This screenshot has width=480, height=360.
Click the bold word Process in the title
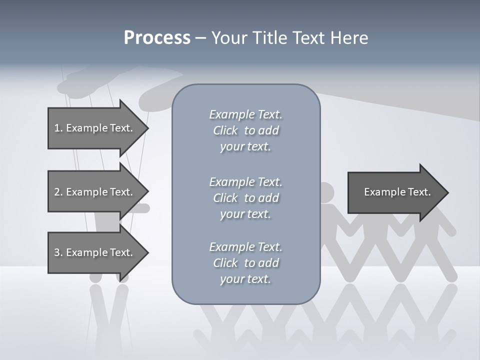(x=157, y=38)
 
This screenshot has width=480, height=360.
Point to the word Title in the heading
(x=271, y=38)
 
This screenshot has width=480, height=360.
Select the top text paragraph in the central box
(x=245, y=130)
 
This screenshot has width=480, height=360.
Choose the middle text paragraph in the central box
(x=245, y=198)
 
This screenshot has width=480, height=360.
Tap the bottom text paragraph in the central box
(x=245, y=263)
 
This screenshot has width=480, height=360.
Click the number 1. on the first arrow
(x=58, y=128)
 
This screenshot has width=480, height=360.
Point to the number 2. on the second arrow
(x=58, y=192)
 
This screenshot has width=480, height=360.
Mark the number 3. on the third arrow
(x=58, y=252)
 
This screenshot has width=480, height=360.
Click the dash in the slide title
(x=201, y=38)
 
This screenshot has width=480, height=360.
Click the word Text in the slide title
(x=308, y=38)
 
